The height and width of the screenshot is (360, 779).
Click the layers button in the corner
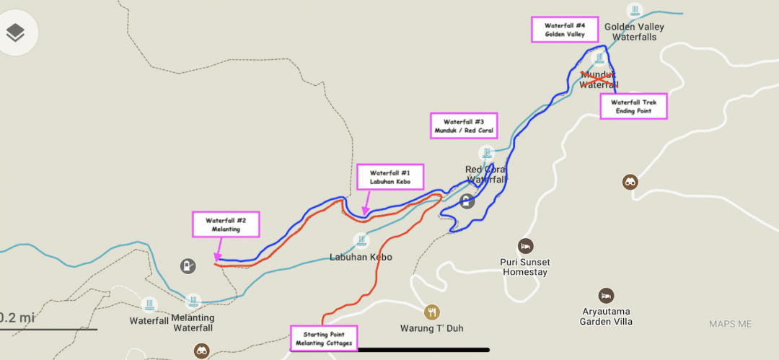[x=16, y=32]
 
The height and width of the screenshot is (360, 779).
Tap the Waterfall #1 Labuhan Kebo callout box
[x=390, y=177]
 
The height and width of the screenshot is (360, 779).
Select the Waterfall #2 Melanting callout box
[x=225, y=224]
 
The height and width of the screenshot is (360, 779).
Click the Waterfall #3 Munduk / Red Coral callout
[x=464, y=126]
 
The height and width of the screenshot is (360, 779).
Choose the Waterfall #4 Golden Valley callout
[x=565, y=30]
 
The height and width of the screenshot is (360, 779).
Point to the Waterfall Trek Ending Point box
[x=634, y=107]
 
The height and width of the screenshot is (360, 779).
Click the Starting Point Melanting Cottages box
[x=324, y=338]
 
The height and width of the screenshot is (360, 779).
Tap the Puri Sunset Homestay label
[x=524, y=267]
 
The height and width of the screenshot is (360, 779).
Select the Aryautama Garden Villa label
[x=606, y=317]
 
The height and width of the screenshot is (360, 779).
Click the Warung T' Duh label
[x=431, y=328]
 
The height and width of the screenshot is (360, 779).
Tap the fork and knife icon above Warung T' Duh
[x=432, y=312]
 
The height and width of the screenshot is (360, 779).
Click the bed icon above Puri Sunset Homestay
[x=525, y=245]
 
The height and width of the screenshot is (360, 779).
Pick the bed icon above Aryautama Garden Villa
[x=606, y=296]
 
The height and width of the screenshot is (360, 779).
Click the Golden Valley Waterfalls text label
[x=634, y=32]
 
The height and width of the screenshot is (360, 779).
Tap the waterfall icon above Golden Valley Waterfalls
[x=634, y=10]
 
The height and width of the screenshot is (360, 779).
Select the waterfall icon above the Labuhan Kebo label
[x=361, y=240]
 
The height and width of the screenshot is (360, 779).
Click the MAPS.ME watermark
[x=730, y=324]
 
